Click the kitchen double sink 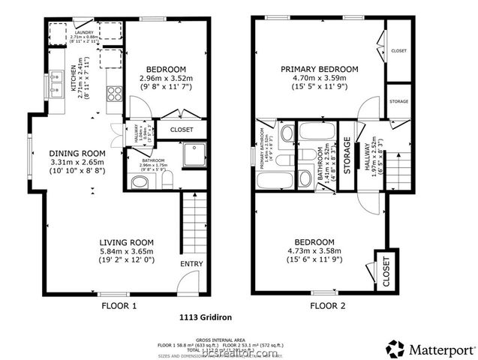57,85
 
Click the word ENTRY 191,264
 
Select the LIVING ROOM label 128,241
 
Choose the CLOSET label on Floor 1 182,130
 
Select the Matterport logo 431,349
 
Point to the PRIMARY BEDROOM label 320,69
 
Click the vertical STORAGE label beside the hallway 347,155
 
